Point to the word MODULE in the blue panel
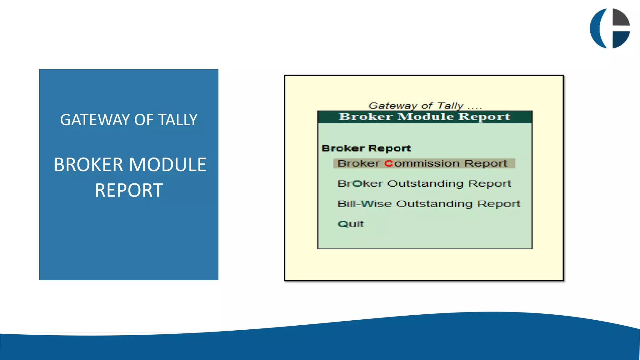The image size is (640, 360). tap(167, 165)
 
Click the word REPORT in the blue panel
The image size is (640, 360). tap(129, 190)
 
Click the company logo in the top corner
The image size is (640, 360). tap(610, 28)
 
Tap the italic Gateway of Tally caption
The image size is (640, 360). tap(425, 106)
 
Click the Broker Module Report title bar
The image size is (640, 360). tap(425, 117)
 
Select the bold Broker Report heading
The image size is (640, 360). tap(366, 148)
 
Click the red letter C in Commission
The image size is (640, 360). tap(388, 163)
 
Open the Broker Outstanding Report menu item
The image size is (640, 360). tap(424, 183)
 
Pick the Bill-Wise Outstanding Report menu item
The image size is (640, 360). tap(429, 204)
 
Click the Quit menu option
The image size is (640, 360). tap(351, 224)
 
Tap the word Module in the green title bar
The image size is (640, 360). tap(425, 117)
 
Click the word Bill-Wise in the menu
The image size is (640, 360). tap(364, 204)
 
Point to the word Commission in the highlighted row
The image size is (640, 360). tap(422, 163)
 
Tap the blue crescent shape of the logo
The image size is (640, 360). tap(596, 28)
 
